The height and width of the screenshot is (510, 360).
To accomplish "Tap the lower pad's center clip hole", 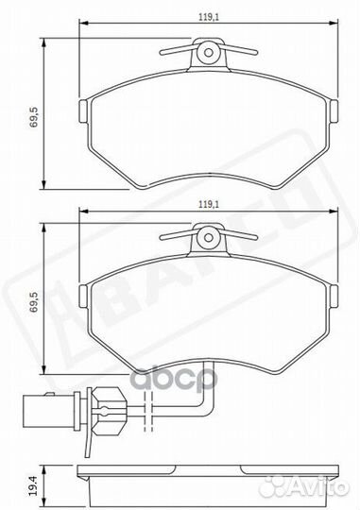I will [x=207, y=241].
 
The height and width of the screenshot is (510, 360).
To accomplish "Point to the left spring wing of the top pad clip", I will [x=175, y=49].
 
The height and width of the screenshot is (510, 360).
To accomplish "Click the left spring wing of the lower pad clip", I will [x=175, y=237].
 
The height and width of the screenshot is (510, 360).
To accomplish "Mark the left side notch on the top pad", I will [x=84, y=111].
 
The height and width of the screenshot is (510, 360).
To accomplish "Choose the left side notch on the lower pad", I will [x=84, y=299].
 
